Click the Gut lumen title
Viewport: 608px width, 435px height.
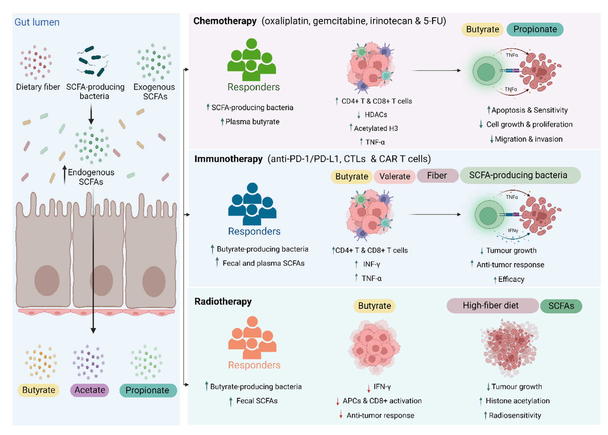click(x=37, y=22)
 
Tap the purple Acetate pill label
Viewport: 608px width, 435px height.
click(x=90, y=390)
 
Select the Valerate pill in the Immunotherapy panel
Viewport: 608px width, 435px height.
click(x=394, y=176)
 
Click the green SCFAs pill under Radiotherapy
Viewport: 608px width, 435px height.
click(x=561, y=306)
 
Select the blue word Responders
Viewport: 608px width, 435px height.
click(x=254, y=231)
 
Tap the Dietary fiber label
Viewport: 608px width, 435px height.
click(x=38, y=87)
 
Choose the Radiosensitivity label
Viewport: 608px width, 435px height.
click(x=515, y=416)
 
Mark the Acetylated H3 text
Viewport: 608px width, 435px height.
click(x=376, y=128)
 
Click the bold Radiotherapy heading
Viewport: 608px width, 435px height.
click(x=223, y=301)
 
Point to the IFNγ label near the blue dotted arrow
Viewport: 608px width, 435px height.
click(x=513, y=231)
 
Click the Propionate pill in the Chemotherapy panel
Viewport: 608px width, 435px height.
click(x=535, y=29)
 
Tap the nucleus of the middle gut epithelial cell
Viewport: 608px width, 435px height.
click(x=101, y=281)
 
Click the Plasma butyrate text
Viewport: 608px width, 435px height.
click(x=252, y=122)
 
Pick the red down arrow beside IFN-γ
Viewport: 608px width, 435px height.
click(x=368, y=388)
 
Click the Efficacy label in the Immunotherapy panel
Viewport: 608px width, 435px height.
click(x=511, y=279)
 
